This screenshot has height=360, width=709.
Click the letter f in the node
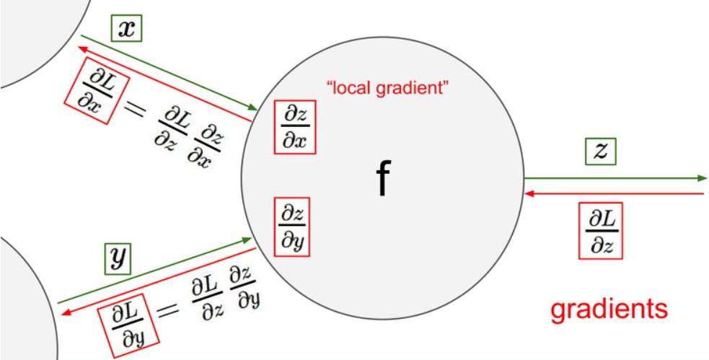pos(383,180)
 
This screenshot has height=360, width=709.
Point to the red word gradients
pos(609,308)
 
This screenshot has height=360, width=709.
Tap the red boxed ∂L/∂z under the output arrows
pos(601,232)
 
